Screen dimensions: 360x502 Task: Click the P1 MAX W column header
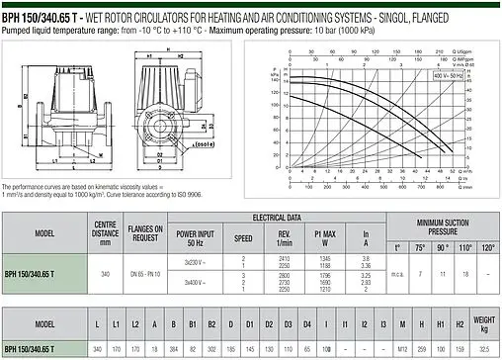click(x=318, y=238)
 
